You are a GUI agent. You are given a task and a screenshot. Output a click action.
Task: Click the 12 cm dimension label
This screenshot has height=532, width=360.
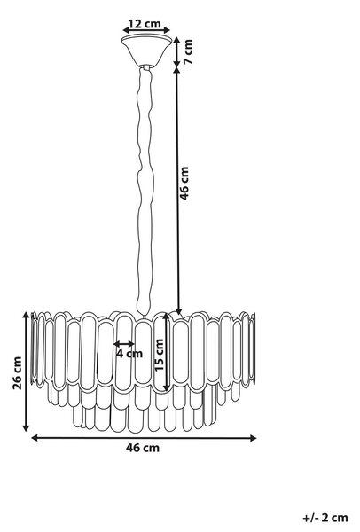(x=145, y=24)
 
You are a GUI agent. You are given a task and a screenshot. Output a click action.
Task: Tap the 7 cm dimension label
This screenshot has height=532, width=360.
(x=188, y=51)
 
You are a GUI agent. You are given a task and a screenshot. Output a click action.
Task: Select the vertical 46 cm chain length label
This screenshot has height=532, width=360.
(x=184, y=184)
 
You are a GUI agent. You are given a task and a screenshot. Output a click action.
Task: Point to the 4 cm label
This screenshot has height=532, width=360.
(x=129, y=354)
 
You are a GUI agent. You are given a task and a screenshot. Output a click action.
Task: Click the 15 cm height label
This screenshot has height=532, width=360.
(x=159, y=355)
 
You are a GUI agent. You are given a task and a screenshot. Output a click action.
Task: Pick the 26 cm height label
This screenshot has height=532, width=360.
(x=17, y=373)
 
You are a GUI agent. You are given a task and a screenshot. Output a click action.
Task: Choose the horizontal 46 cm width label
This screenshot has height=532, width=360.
(x=143, y=448)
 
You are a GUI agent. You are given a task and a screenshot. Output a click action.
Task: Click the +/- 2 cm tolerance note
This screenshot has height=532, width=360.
(x=325, y=518)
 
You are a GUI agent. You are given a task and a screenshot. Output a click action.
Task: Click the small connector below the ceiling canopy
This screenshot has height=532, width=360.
(x=146, y=67)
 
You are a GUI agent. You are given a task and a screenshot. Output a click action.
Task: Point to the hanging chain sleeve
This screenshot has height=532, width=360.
(x=145, y=190)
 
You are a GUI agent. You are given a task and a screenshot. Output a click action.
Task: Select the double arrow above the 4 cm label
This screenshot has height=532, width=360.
(x=124, y=344)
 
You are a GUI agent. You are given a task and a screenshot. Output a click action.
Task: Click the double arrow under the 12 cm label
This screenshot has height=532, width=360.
(x=146, y=30)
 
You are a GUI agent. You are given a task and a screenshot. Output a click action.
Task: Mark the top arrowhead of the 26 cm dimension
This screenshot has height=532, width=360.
(x=26, y=315)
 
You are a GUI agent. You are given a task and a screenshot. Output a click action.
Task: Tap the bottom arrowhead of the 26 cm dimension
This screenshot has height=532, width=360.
(x=26, y=428)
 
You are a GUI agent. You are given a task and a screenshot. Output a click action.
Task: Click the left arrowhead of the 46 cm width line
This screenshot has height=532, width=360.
(x=35, y=438)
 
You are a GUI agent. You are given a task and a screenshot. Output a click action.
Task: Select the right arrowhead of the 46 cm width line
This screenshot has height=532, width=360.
(x=253, y=438)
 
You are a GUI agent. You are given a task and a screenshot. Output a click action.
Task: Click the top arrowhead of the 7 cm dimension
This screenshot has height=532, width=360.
(x=176, y=40)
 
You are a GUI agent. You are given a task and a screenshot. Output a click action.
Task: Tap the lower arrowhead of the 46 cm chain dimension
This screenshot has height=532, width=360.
(x=178, y=311)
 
